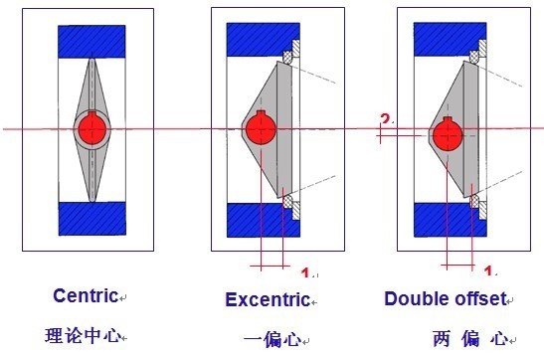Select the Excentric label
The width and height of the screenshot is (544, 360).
coord(267,299)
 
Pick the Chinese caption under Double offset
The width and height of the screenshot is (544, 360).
coord(468,338)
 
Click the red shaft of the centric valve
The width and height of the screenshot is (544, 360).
coord(91,128)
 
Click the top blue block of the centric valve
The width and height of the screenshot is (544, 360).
coord(91,41)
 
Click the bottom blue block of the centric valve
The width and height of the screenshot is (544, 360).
coord(91,218)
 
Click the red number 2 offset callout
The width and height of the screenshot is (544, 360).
coord(384,120)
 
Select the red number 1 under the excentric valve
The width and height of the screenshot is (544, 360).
coord(305,271)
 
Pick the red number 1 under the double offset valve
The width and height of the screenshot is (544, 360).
coord(488,270)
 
